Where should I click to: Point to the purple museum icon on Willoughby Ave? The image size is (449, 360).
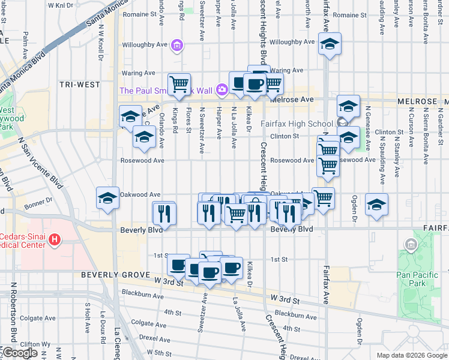(x=176, y=45)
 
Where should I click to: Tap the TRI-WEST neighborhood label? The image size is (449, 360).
(x=80, y=85)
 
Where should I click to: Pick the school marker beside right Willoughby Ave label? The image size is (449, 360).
(x=330, y=44)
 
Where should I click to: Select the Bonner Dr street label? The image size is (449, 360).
(x=39, y=201)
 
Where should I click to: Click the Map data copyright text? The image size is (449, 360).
(x=411, y=355)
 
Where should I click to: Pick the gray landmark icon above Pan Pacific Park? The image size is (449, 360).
(x=411, y=244)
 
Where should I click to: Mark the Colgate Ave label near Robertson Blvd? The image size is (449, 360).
(x=31, y=318)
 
